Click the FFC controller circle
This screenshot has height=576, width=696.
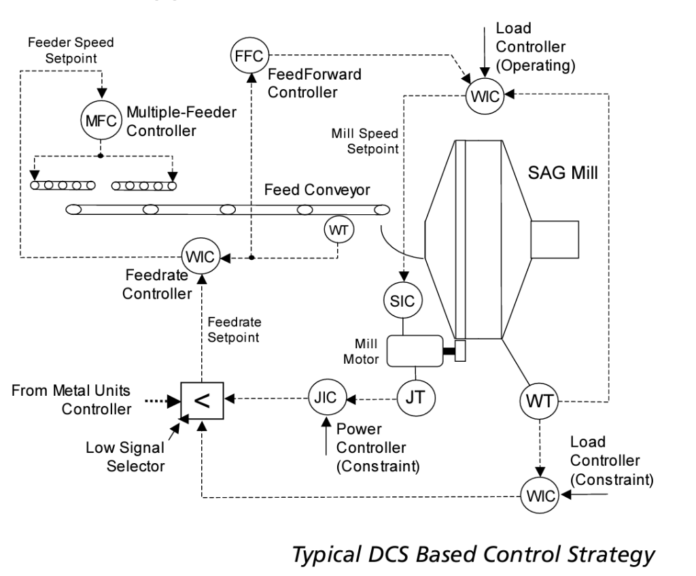pyautogui.click(x=249, y=54)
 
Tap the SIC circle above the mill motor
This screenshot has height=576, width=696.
pyautogui.click(x=404, y=300)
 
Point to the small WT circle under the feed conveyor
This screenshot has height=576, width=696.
pyautogui.click(x=338, y=230)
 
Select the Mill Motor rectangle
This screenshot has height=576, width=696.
pyautogui.click(x=414, y=351)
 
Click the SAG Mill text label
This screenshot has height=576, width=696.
pyautogui.click(x=563, y=172)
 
